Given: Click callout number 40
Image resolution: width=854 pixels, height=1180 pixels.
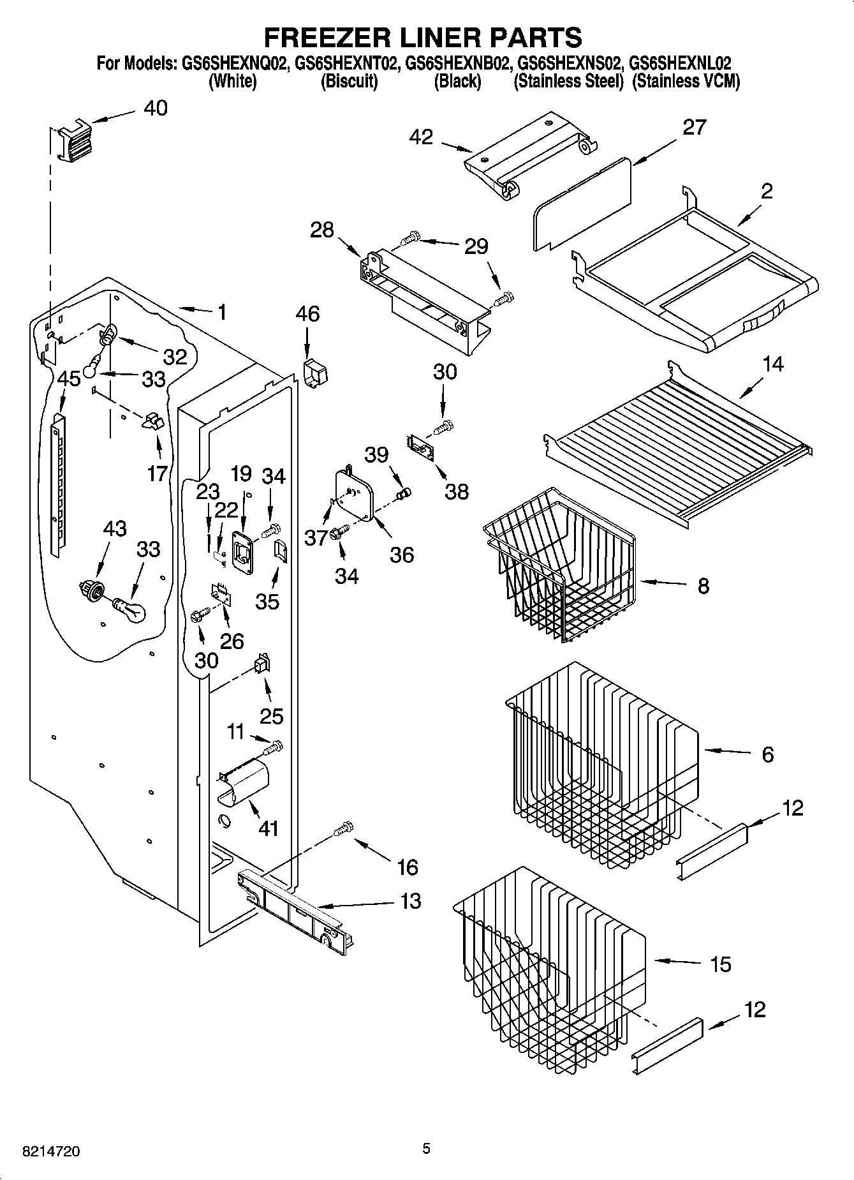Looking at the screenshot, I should (155, 108).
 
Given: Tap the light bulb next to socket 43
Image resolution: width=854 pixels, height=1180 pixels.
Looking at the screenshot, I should (130, 609).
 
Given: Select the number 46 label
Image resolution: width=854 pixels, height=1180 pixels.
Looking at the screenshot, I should (307, 314).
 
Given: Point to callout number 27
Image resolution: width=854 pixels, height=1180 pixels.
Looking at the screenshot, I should (694, 127).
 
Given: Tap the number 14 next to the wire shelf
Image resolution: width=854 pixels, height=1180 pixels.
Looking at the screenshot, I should (772, 364).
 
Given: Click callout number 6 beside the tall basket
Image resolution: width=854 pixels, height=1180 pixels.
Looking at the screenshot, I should (767, 754).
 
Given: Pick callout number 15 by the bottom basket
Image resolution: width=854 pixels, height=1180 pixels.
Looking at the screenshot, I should (721, 964).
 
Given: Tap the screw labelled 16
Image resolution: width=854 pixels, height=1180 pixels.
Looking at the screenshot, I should (344, 828).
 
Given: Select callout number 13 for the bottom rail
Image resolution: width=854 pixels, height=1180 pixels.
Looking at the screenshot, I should (411, 901).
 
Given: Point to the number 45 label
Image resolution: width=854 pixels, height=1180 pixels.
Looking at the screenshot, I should (68, 379).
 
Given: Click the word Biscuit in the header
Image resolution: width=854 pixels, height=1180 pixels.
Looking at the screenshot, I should (349, 82).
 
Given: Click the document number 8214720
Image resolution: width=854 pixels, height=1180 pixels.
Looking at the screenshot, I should (51, 1152).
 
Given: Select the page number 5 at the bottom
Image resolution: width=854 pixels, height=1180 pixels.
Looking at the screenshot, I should (426, 1149).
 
